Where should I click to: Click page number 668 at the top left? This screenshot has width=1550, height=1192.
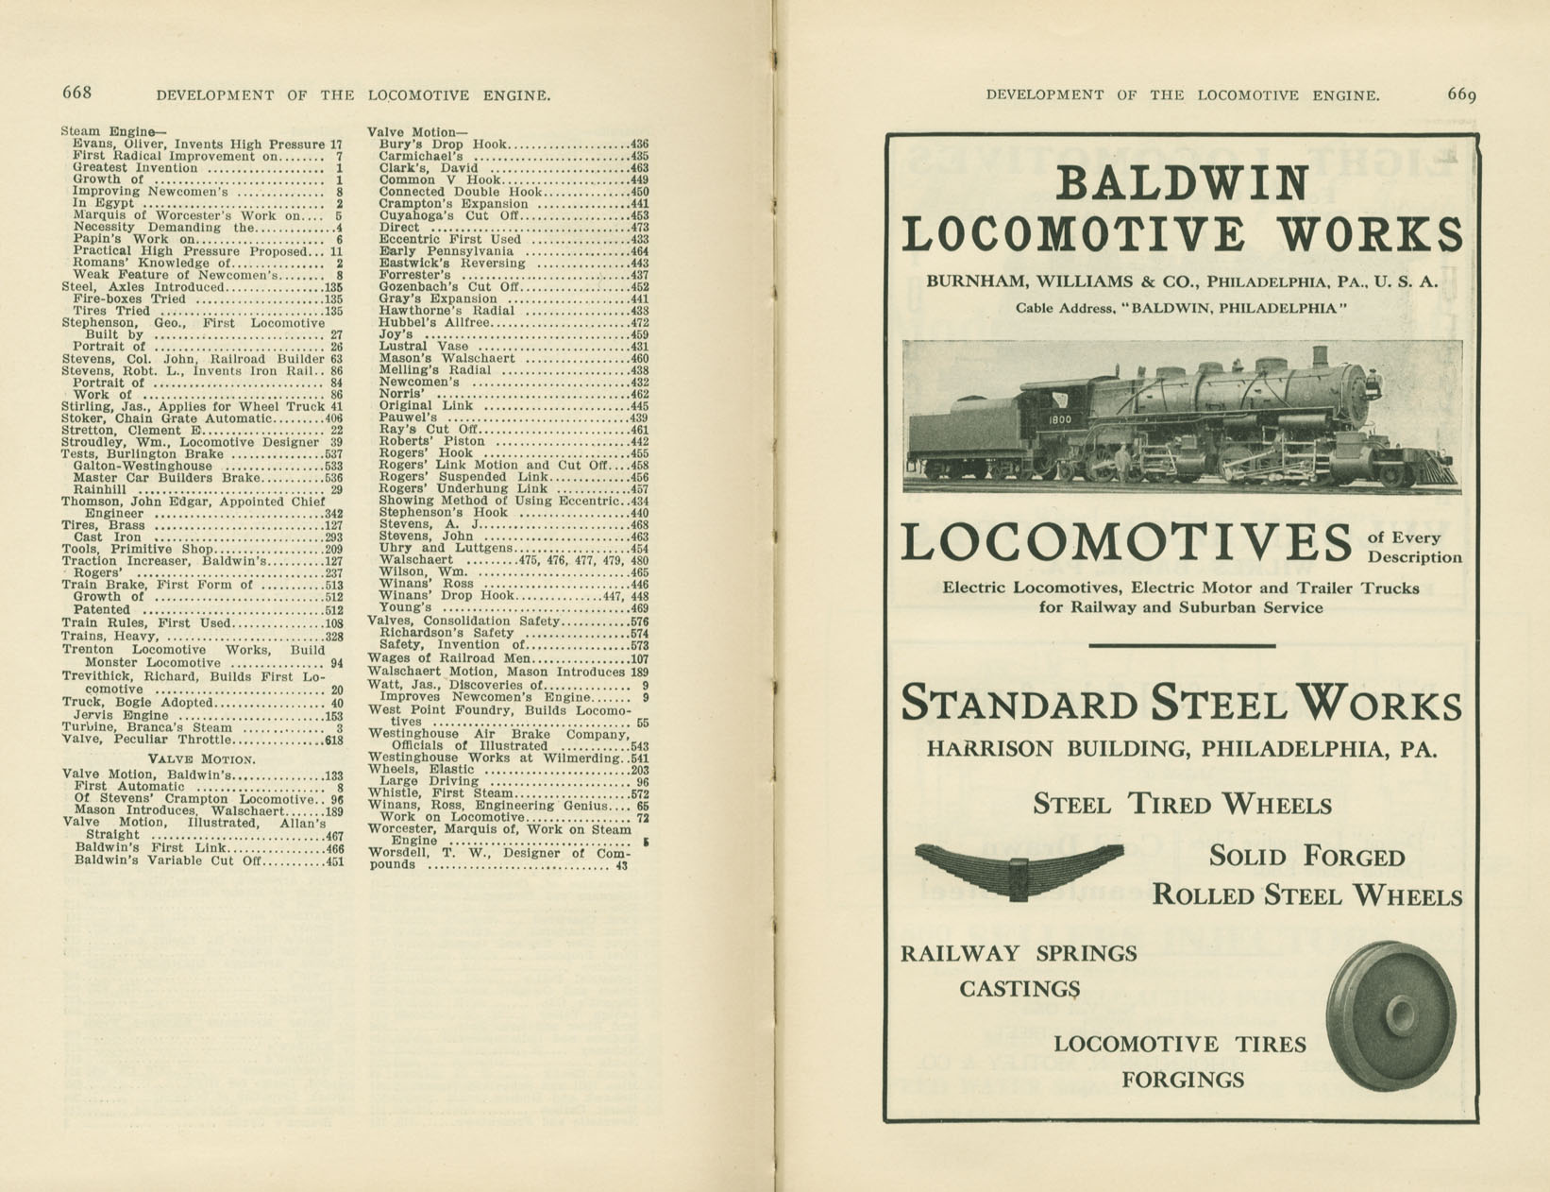76,93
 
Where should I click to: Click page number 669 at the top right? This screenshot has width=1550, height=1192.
1461,94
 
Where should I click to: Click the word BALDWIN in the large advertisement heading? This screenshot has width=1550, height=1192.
1182,183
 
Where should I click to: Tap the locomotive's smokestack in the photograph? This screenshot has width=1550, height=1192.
1319,357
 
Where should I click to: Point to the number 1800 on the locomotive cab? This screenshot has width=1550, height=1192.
1059,418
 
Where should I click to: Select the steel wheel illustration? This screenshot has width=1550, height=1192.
1391,1014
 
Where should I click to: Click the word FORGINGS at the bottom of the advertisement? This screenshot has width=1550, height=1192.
1182,1080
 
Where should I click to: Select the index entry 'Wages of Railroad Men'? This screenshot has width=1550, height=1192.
449,658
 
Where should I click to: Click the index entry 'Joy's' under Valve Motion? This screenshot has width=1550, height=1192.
396,334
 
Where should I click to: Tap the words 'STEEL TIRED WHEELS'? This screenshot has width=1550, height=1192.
1182,805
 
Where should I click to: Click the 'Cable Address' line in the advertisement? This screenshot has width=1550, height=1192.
1181,308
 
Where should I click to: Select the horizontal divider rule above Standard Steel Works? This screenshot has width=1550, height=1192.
1182,646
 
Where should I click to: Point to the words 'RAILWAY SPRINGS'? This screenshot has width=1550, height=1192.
1019,954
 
